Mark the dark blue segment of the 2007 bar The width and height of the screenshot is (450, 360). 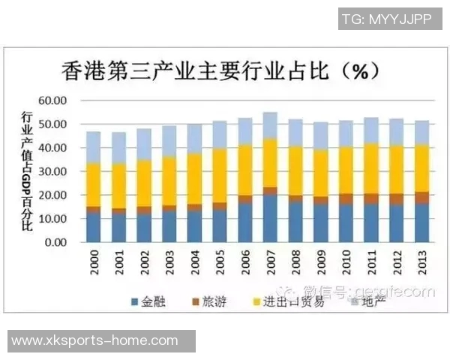click(270, 219)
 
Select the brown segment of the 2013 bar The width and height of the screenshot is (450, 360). click(422, 198)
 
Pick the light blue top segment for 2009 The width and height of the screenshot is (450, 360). click(321, 136)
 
